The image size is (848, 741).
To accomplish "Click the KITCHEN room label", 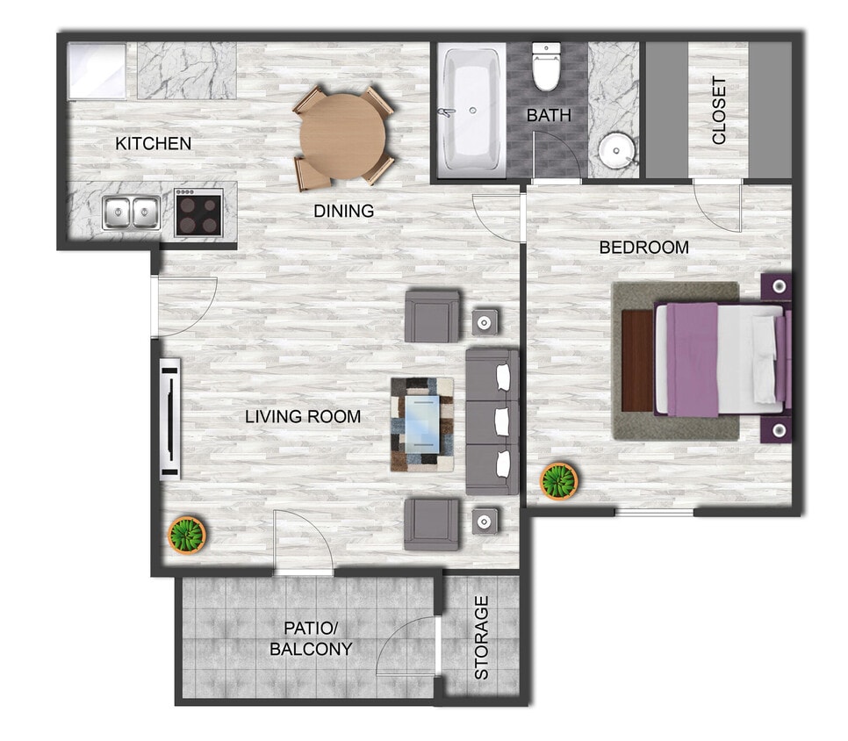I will [x=154, y=143].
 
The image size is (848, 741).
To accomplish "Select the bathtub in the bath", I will [x=472, y=109].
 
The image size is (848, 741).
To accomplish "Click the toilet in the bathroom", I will [x=547, y=68].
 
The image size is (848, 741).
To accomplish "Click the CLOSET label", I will [x=719, y=111].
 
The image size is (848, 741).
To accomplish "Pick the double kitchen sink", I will [x=131, y=212].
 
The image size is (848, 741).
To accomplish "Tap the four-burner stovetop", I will [x=198, y=212].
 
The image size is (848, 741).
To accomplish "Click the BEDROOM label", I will [x=643, y=248].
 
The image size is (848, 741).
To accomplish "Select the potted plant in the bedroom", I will [x=559, y=481].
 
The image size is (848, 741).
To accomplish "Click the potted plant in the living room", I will [x=186, y=533].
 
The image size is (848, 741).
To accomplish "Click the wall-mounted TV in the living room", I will [x=169, y=418].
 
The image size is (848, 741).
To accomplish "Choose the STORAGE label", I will [x=482, y=637].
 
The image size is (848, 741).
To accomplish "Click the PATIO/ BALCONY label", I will [x=311, y=639].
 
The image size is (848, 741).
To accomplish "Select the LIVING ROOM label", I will [x=303, y=416].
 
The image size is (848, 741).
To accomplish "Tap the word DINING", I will [x=344, y=212].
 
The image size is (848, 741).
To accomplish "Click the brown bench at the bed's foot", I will [x=637, y=360].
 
